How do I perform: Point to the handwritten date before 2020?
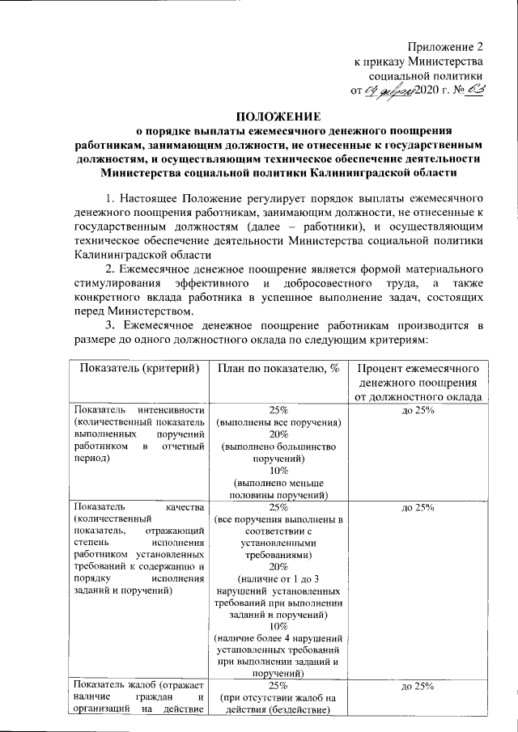pos(389,91)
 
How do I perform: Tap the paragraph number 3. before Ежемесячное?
pos(112,325)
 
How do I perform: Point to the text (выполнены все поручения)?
pos(278,423)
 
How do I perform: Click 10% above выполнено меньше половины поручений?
pos(278,471)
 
